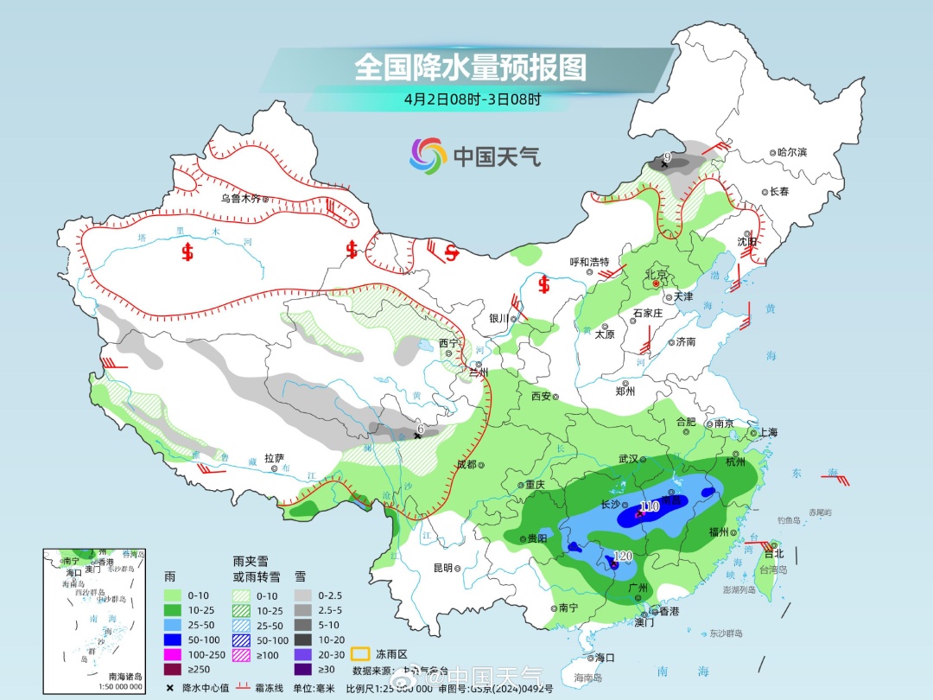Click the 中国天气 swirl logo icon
427,156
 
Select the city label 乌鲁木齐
241,198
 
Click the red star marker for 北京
657,283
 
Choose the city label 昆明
442,568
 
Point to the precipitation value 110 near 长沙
649,506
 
